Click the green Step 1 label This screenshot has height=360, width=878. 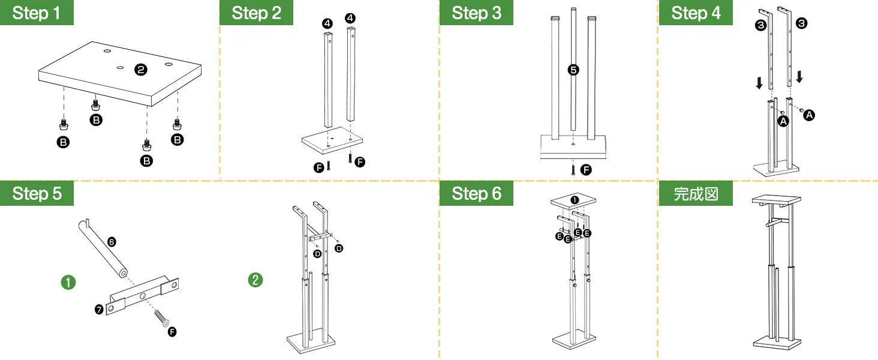pyautogui.click(x=37, y=13)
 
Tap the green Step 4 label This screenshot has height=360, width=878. pyautogui.click(x=696, y=13)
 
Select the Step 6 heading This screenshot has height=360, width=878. pyautogui.click(x=476, y=193)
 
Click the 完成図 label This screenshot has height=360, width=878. pyautogui.click(x=696, y=193)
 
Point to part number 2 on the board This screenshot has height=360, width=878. pyautogui.click(x=141, y=70)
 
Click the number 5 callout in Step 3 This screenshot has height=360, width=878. pyautogui.click(x=573, y=70)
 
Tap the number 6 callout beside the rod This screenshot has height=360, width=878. pyautogui.click(x=112, y=242)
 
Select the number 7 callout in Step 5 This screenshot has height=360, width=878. pyautogui.click(x=100, y=310)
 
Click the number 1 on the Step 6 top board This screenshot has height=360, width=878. pyautogui.click(x=575, y=200)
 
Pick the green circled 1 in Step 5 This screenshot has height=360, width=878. pyautogui.click(x=69, y=281)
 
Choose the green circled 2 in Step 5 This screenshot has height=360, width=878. pyautogui.click(x=255, y=280)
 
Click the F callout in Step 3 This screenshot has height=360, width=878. pyautogui.click(x=586, y=170)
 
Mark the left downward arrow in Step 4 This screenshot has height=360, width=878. pyautogui.click(x=760, y=82)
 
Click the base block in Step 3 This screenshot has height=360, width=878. pyautogui.click(x=574, y=147)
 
